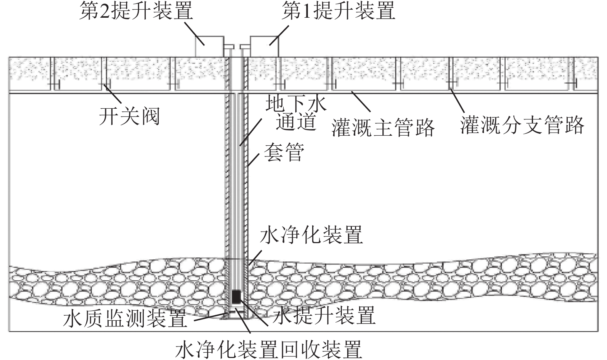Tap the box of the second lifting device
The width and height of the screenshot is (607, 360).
209,47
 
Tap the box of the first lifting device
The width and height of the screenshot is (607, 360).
264,47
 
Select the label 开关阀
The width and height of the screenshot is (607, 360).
129,116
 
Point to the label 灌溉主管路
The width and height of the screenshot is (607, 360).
383,127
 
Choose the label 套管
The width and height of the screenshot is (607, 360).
284,153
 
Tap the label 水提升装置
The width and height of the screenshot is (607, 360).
324,316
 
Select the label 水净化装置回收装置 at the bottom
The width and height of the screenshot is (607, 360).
269,349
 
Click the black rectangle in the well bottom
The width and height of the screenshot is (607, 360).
236,296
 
